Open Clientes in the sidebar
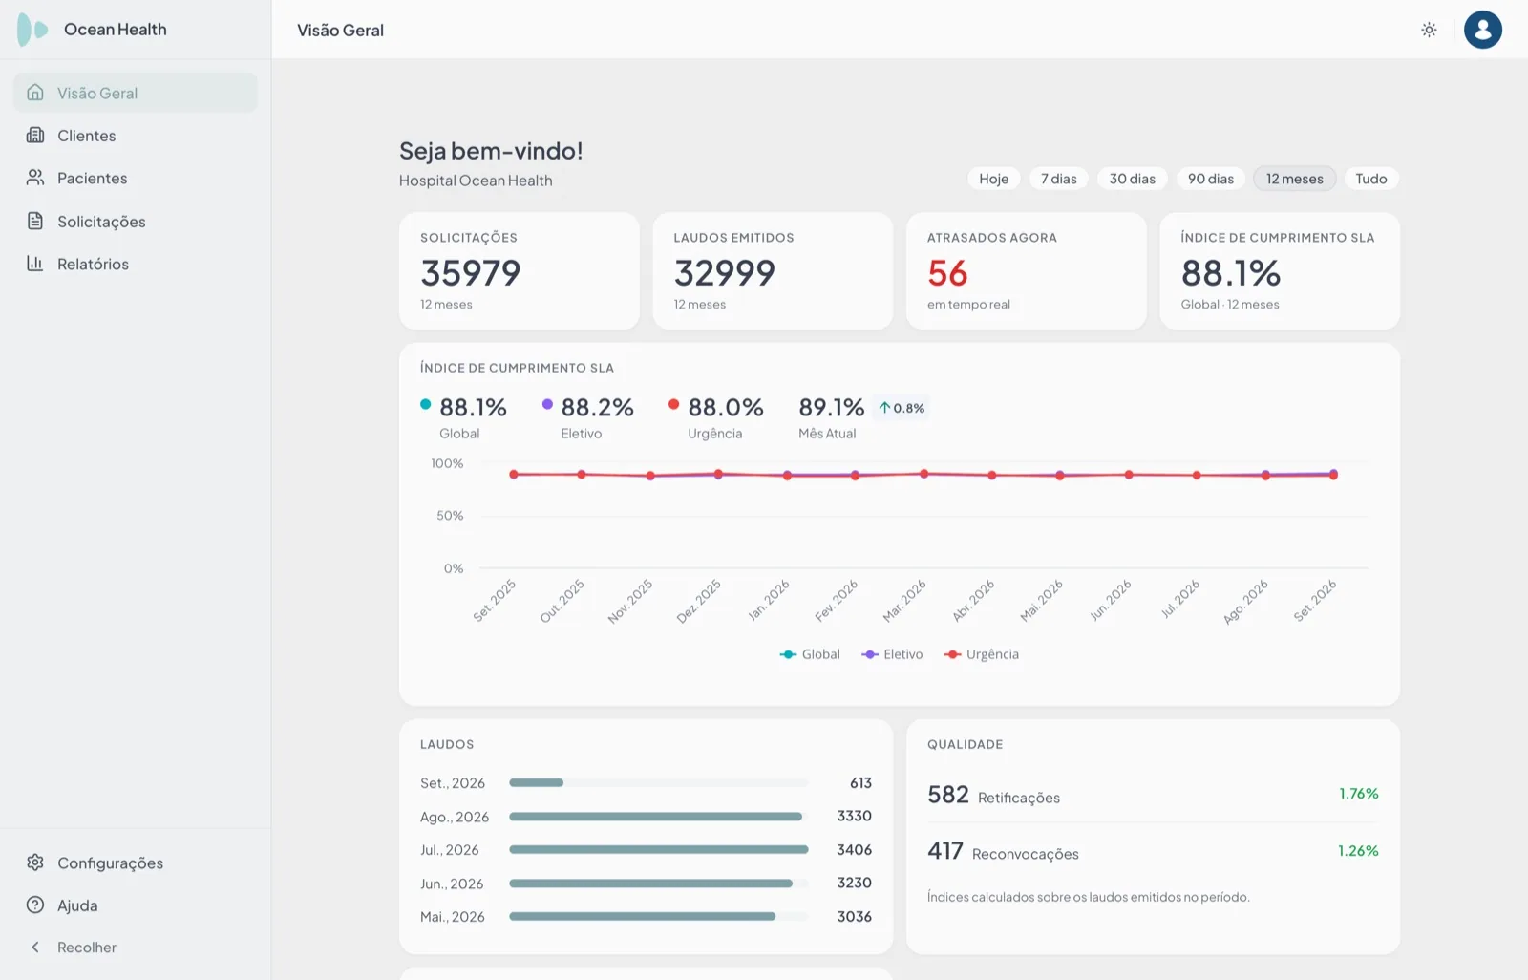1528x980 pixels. coord(86,135)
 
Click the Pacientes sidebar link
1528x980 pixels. coord(92,178)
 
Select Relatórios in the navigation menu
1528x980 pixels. coord(93,264)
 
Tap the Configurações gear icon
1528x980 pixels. coord(34,863)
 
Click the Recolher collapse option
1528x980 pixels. coord(87,948)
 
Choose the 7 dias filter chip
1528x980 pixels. coord(1059,178)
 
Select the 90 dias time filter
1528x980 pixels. coord(1211,178)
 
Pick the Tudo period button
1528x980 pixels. coord(1371,178)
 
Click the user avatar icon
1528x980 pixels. coord(1482,30)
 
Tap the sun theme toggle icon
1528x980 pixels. coord(1429,30)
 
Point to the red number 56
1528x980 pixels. coord(947,273)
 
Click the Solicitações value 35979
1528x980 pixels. coord(471,273)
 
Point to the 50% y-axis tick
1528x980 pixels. coord(450,515)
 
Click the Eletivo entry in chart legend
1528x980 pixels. coord(892,653)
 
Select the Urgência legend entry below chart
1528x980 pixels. coord(982,653)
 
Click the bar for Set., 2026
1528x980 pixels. coord(536,782)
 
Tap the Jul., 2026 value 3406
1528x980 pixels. coord(854,850)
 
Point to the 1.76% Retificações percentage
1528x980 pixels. coord(1358,793)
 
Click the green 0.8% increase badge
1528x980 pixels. coord(902,408)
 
